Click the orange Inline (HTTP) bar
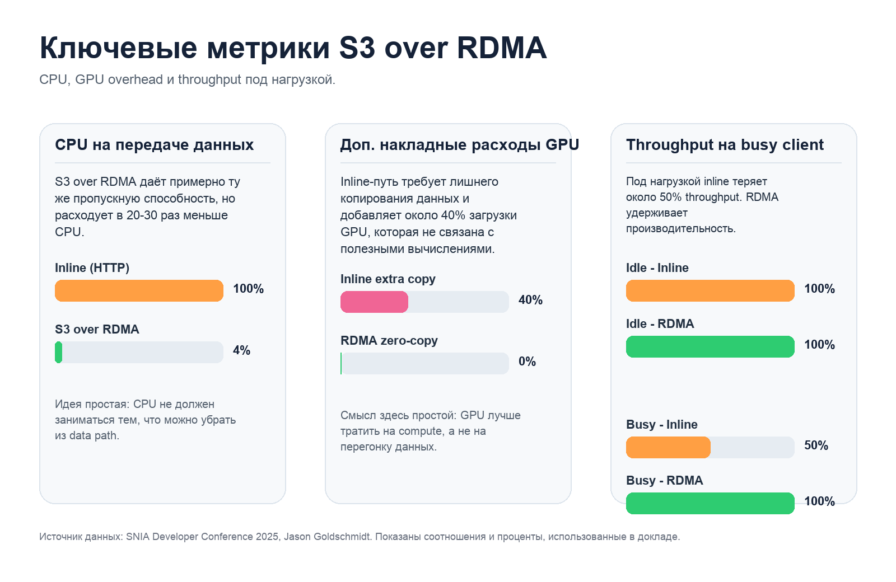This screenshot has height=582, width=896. click(x=139, y=291)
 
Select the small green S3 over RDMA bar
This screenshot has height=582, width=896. click(x=58, y=353)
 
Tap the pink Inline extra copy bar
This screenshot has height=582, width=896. click(x=374, y=302)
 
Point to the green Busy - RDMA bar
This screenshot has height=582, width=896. click(x=710, y=503)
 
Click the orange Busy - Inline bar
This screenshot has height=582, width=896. click(x=668, y=448)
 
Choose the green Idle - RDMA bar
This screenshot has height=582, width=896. click(x=710, y=347)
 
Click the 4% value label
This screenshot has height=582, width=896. click(x=241, y=350)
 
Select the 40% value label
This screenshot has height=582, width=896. click(x=530, y=300)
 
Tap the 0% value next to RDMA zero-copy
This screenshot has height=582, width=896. click(x=527, y=362)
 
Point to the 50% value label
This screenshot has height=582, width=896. click(x=816, y=445)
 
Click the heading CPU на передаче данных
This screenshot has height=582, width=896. click(x=154, y=145)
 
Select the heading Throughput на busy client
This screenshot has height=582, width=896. click(x=725, y=145)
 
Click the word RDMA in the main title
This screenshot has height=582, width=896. click(x=501, y=48)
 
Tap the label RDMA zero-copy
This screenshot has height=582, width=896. click(x=389, y=340)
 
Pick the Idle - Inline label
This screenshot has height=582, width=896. click(x=657, y=268)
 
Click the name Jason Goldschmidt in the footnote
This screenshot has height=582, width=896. click(x=327, y=537)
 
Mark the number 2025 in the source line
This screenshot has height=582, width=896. click(x=267, y=537)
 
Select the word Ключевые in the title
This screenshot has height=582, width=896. click(x=118, y=48)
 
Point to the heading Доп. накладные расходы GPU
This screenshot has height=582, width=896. click(x=459, y=145)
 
